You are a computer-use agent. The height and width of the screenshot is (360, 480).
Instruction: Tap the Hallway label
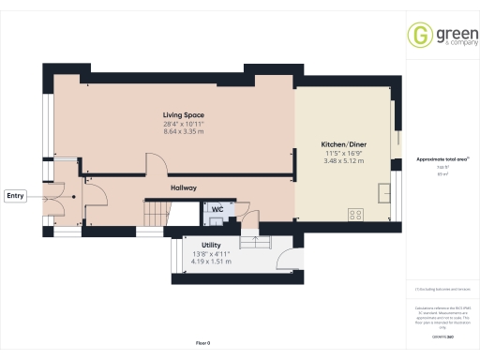click(x=184, y=187)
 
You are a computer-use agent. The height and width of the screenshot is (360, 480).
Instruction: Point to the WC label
click(x=217, y=209)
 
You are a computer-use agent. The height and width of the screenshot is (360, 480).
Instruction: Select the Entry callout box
click(x=15, y=196)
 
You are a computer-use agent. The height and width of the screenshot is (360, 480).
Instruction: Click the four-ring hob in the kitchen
click(x=356, y=215)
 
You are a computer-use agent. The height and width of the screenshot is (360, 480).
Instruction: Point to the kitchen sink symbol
click(x=384, y=193)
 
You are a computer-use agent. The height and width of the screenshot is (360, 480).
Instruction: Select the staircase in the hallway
click(x=155, y=214)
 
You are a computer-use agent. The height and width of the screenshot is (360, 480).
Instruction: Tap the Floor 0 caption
click(x=202, y=345)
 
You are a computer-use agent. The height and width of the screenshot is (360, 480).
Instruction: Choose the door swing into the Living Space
click(x=157, y=165)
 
